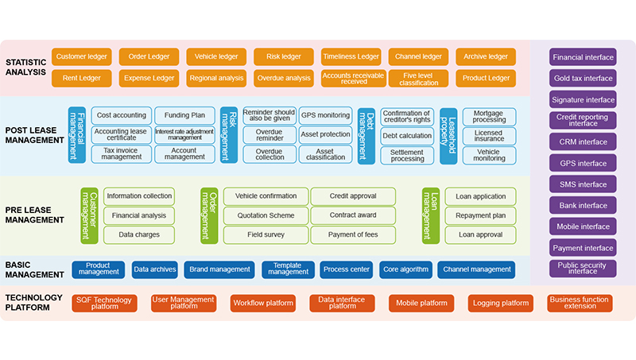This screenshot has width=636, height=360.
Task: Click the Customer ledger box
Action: (x=81, y=57)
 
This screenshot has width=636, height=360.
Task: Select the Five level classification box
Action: (x=418, y=78)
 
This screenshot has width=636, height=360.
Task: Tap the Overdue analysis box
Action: (x=284, y=78)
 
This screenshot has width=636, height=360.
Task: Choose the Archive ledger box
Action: (x=486, y=57)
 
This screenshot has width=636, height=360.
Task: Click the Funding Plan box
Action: (x=184, y=115)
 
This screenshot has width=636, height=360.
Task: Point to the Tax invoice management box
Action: (x=121, y=153)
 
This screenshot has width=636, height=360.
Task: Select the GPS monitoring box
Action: (x=325, y=115)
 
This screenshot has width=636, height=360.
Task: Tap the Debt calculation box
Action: (x=407, y=135)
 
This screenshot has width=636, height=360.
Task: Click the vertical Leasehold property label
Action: (x=448, y=136)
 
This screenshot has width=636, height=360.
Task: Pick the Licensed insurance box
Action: (x=488, y=135)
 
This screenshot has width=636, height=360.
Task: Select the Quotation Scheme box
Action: (x=265, y=215)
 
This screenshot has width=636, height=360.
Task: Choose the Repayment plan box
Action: (x=481, y=215)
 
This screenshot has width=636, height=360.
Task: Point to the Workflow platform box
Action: (x=263, y=303)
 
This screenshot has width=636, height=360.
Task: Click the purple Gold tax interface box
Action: (x=583, y=78)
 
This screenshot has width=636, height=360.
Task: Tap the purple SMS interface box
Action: (x=583, y=184)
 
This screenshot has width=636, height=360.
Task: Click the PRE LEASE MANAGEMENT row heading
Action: (x=34, y=215)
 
